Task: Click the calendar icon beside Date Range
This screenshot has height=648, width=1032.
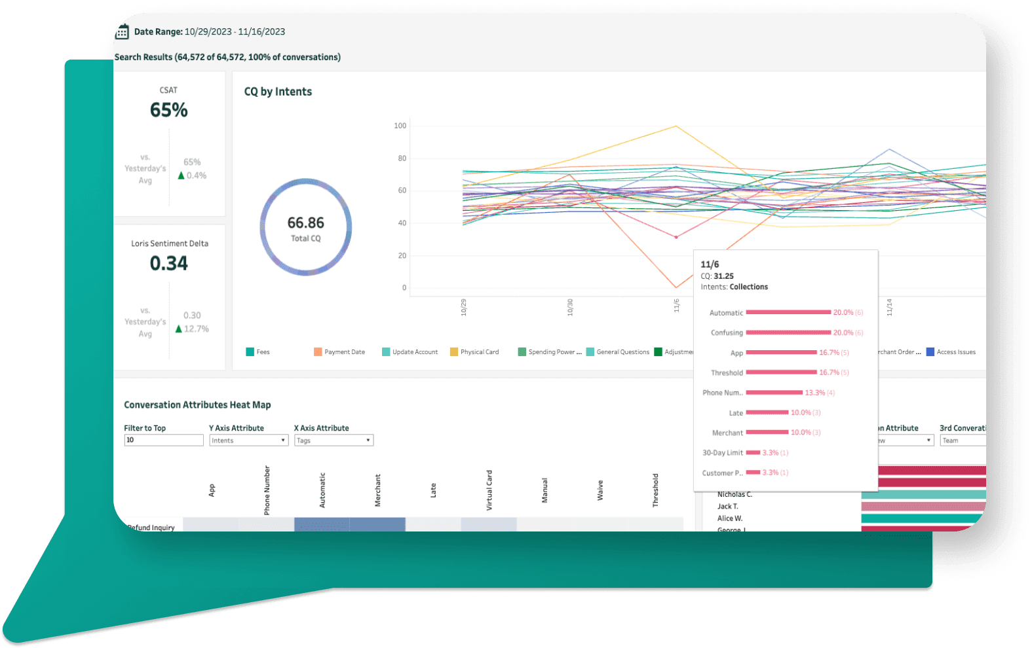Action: (x=122, y=32)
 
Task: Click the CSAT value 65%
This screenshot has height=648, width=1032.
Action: (x=168, y=110)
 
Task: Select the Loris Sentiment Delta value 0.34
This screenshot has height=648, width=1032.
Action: (x=168, y=263)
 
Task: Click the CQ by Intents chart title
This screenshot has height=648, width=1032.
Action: (x=278, y=92)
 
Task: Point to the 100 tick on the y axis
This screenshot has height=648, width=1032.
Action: (x=400, y=126)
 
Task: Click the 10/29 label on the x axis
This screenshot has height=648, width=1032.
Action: (x=463, y=307)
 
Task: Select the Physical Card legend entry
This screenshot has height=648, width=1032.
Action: (x=474, y=352)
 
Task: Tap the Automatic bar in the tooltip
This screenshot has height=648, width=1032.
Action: (x=788, y=312)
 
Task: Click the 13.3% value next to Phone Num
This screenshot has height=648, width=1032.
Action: (x=814, y=393)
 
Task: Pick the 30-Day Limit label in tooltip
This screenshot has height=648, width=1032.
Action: (x=722, y=453)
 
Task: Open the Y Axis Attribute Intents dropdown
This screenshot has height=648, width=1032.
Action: (x=248, y=441)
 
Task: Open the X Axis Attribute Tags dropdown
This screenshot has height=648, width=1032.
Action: (x=334, y=441)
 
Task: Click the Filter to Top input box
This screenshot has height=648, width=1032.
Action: (x=163, y=440)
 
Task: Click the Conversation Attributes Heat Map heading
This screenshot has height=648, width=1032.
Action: (x=197, y=405)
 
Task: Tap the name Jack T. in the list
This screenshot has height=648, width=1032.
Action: (x=727, y=507)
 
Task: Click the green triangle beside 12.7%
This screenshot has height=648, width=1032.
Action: (x=178, y=329)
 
